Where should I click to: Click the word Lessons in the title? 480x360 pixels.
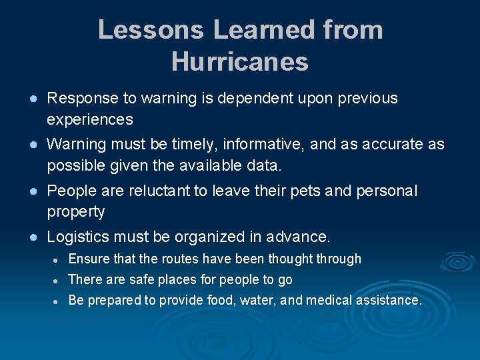pyautogui.click(x=150, y=30)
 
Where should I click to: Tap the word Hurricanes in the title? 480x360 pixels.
pyautogui.click(x=240, y=62)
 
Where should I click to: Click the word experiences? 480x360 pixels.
pyautogui.click(x=90, y=120)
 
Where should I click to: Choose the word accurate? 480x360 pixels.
pyautogui.click(x=383, y=145)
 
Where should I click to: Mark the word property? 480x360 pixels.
pyautogui.click(x=76, y=213)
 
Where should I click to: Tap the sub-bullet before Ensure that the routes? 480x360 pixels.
pyautogui.click(x=57, y=260)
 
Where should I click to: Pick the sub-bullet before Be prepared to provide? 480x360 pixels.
pyautogui.click(x=57, y=301)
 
